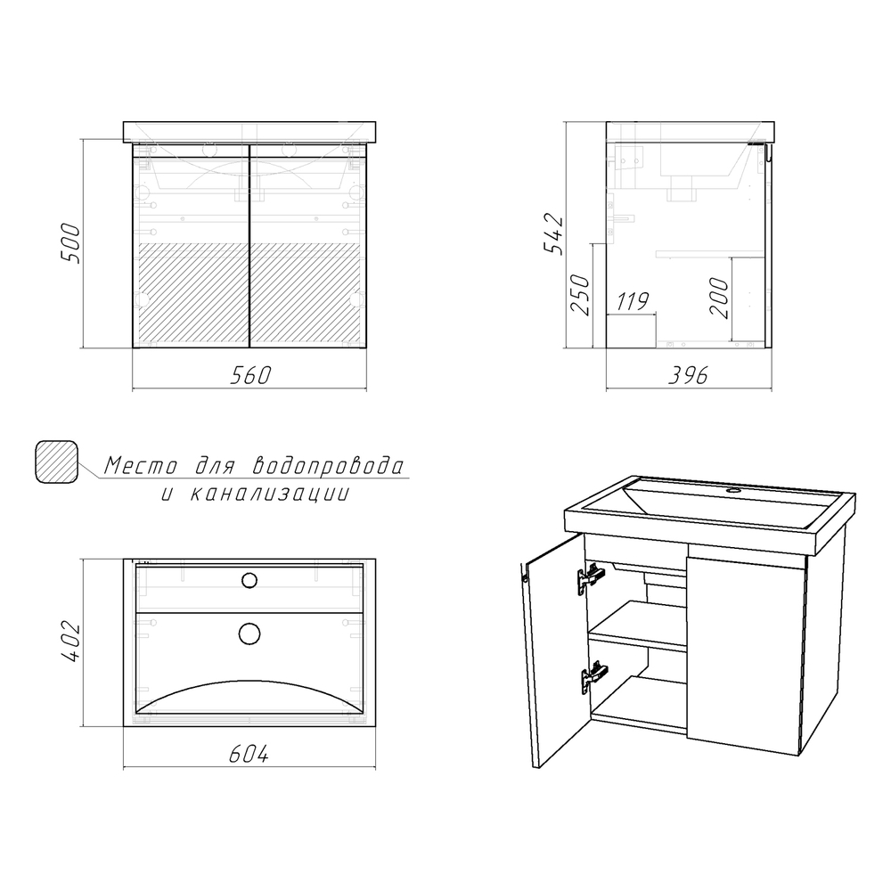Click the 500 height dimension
pyautogui.click(x=70, y=243)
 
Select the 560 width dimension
pyautogui.click(x=250, y=375)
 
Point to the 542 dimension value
pyautogui.click(x=552, y=234)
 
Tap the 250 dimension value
pyautogui.click(x=580, y=295)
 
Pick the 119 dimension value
pyautogui.click(x=633, y=301)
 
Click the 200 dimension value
pyautogui.click(x=719, y=298)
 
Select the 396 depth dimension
pyautogui.click(x=688, y=375)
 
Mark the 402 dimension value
pyautogui.click(x=71, y=642)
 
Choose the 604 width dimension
pyautogui.click(x=249, y=754)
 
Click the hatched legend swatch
pyautogui.click(x=56, y=462)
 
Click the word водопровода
pyautogui.click(x=329, y=465)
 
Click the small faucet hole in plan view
pyautogui.click(x=249, y=580)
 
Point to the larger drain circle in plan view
pyautogui.click(x=249, y=634)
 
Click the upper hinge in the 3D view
pyautogui.click(x=591, y=578)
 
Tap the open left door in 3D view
pyautogui.click(x=554, y=650)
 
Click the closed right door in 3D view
pyautogui.click(x=746, y=655)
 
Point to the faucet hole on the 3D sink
pyautogui.click(x=733, y=489)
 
